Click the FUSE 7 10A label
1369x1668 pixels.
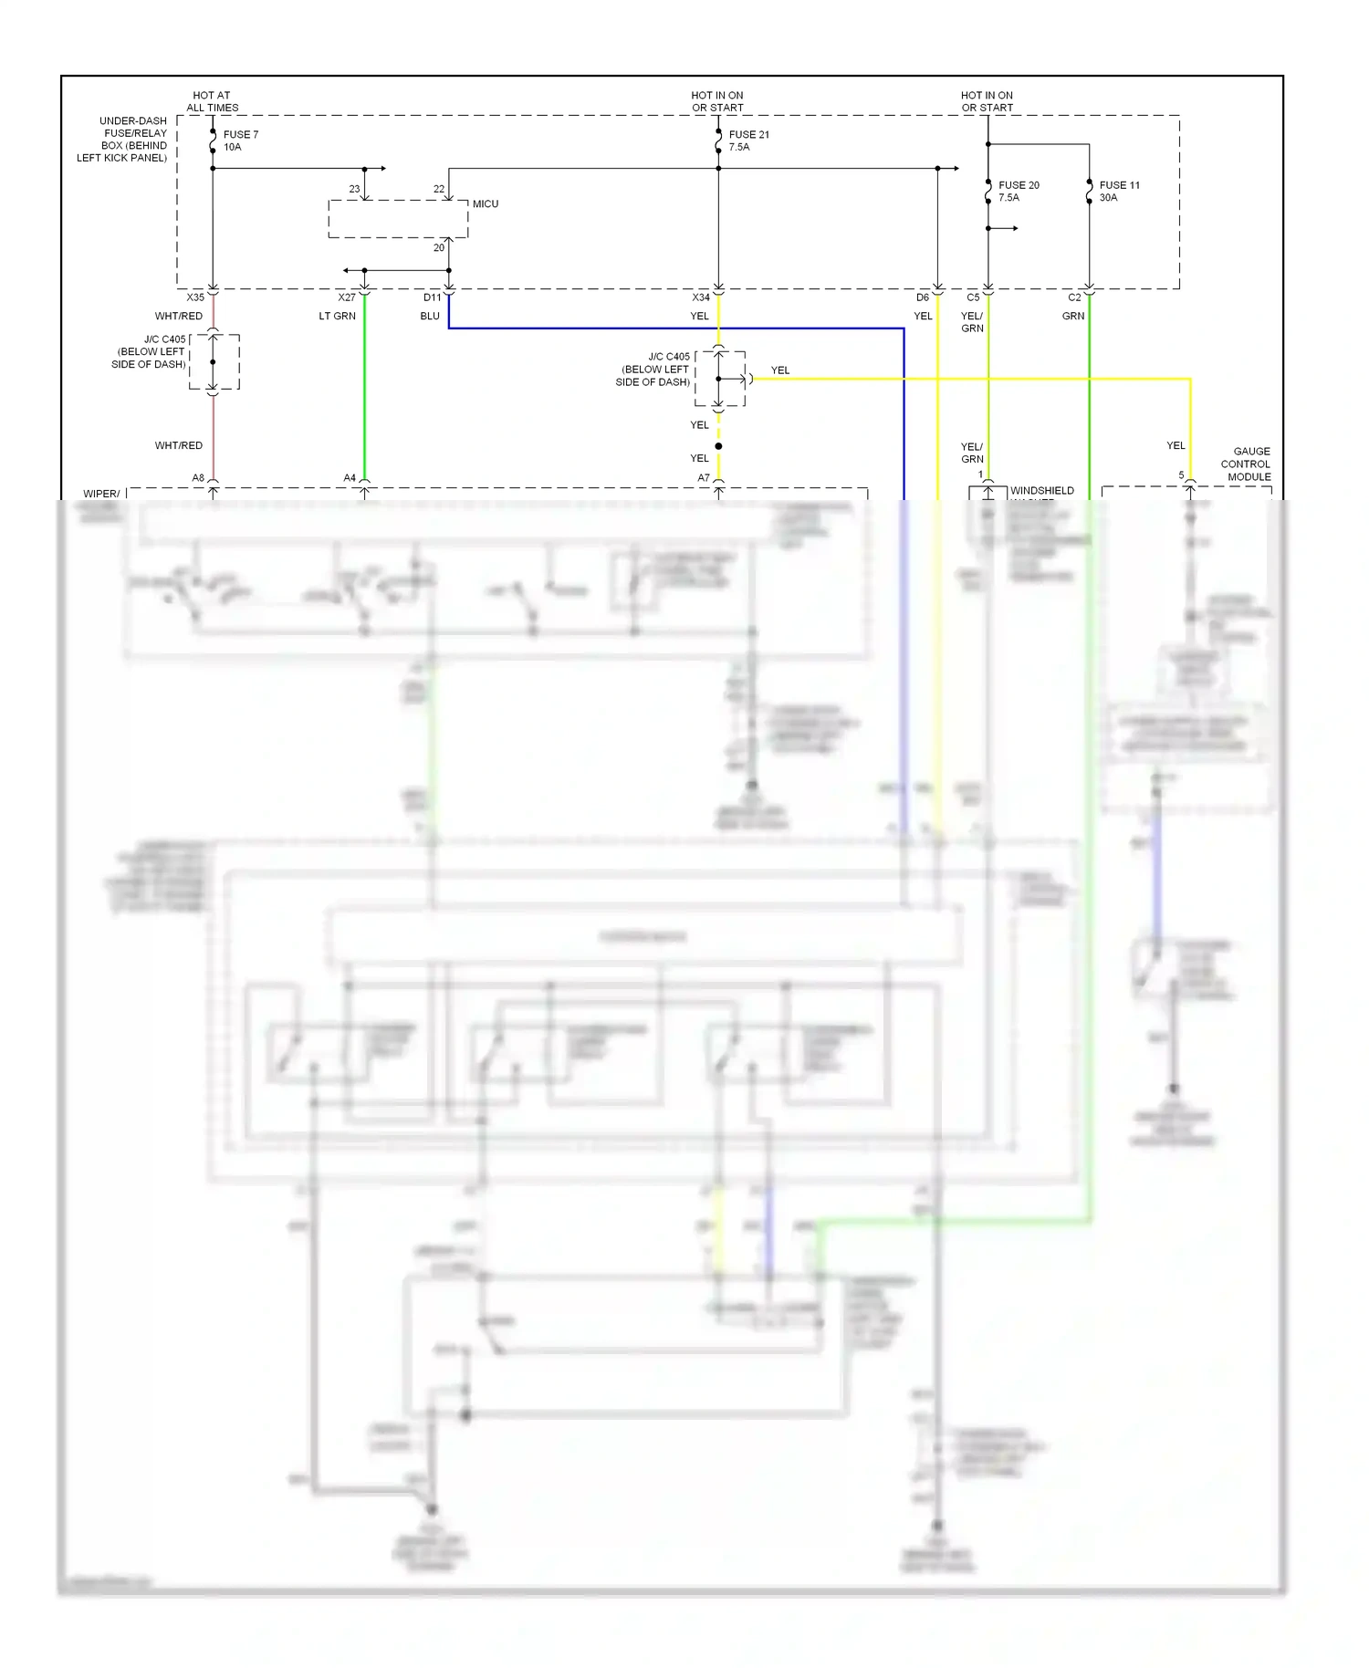pyautogui.click(x=240, y=141)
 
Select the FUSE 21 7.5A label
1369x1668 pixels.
pyautogui.click(x=748, y=141)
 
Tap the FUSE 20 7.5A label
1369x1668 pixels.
pyautogui.click(x=1018, y=191)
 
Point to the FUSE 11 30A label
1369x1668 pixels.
pyautogui.click(x=1119, y=191)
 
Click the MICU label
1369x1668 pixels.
pyautogui.click(x=486, y=203)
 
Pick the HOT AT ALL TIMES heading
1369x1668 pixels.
pyautogui.click(x=212, y=101)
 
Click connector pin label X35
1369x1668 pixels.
pyautogui.click(x=195, y=297)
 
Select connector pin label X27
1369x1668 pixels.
pyautogui.click(x=347, y=297)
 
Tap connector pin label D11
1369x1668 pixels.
pyautogui.click(x=432, y=297)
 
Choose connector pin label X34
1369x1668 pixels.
pyautogui.click(x=700, y=297)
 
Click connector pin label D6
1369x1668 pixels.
pyautogui.click(x=923, y=297)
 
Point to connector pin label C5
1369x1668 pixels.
pyautogui.click(x=973, y=297)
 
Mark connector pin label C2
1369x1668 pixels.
pyautogui.click(x=1074, y=297)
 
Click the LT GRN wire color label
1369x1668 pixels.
pyautogui.click(x=337, y=317)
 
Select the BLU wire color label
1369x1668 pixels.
pyautogui.click(x=430, y=317)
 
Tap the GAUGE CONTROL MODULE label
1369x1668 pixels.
pyautogui.click(x=1246, y=464)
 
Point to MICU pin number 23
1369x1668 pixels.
pyautogui.click(x=354, y=189)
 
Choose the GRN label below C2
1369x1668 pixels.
pyautogui.click(x=1073, y=317)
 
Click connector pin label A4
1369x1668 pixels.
pyautogui.click(x=350, y=478)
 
